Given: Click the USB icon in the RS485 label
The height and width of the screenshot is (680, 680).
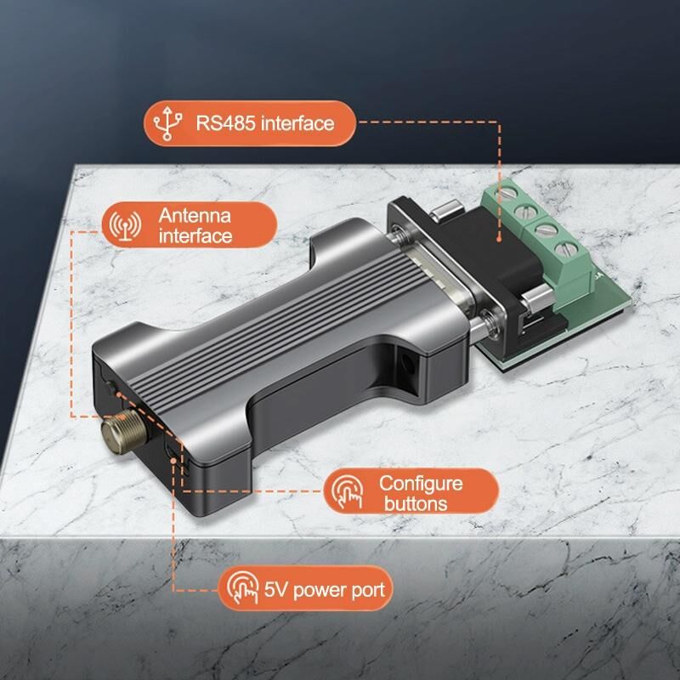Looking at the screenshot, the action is point(167,123).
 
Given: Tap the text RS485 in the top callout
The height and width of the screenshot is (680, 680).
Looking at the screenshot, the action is point(225,123).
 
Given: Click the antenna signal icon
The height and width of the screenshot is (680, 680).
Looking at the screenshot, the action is point(125,225).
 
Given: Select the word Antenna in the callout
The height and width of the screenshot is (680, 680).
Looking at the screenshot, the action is point(195,216).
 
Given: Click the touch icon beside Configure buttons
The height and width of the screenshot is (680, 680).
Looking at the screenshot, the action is point(348,491).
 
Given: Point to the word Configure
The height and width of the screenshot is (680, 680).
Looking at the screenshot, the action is point(421,484).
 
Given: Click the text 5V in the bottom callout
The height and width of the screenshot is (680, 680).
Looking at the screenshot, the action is point(275,590).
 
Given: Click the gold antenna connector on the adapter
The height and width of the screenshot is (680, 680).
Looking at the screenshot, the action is point(124,431).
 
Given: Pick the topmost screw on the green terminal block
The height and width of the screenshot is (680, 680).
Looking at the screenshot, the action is point(506,194).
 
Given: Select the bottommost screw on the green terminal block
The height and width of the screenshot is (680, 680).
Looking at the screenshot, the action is point(566,249).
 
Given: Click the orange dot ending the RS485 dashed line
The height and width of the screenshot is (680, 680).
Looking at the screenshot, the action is point(499,239).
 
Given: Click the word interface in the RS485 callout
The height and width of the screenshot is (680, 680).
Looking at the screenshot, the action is point(297,123).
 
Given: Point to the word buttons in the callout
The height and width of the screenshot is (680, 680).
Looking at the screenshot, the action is point(416,504).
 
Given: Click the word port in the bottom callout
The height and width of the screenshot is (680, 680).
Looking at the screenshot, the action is point(368,591).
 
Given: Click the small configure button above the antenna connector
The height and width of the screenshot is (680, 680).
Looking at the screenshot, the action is point(110,386).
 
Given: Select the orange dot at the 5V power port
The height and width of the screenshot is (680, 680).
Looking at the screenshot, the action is point(173,460).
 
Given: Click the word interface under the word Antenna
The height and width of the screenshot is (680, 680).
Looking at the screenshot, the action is point(195,236).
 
